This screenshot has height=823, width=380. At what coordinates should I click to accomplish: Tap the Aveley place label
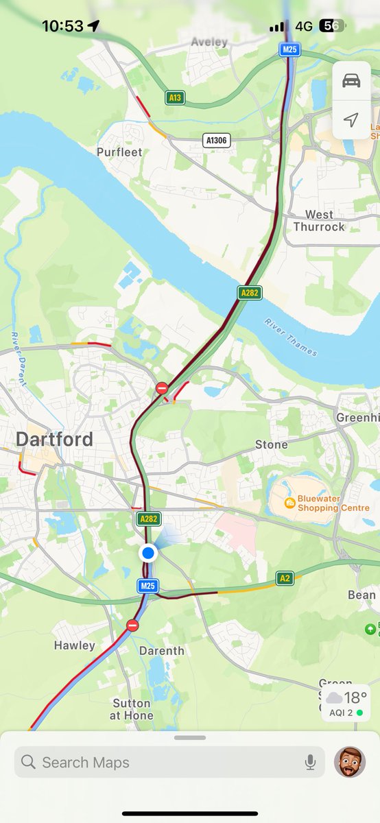[209, 42]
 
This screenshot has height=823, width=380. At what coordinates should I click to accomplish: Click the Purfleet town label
[119, 152]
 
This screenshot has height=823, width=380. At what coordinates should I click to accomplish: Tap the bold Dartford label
[55, 439]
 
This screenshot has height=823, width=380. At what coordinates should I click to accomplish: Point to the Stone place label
[272, 444]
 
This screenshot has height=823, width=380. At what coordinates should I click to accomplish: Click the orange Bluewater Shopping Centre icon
[290, 504]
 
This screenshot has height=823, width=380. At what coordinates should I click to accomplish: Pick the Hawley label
[74, 645]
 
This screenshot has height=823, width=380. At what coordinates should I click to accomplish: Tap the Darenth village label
[162, 650]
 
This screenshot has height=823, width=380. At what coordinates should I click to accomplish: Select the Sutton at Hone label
[132, 709]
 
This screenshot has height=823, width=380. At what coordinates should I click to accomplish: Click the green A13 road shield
[176, 98]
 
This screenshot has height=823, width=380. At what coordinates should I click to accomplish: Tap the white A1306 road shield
[217, 140]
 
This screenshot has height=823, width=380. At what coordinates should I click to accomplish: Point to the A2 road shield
[285, 579]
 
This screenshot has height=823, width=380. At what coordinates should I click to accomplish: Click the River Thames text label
[291, 337]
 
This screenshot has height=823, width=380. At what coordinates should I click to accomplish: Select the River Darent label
[18, 359]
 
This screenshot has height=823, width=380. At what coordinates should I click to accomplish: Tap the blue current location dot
[147, 553]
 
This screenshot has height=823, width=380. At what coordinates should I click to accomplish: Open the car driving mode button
[351, 80]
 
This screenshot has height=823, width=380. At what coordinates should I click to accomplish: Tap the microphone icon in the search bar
[310, 762]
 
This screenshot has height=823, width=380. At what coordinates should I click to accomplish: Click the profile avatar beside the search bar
[350, 762]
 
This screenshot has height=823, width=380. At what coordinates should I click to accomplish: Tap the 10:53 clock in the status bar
[62, 26]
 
